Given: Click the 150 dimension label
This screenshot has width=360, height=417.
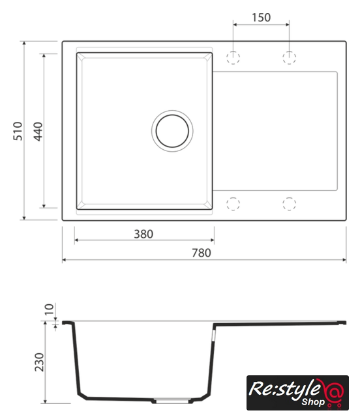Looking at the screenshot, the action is tap(262, 18).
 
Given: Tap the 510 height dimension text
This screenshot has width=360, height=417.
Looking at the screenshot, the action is tap(18, 131).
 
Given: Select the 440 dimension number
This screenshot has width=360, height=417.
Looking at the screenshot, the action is tap(38, 132).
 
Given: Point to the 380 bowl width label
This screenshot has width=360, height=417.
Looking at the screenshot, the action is tap(143, 234).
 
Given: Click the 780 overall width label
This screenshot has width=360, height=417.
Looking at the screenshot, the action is tap(202, 253).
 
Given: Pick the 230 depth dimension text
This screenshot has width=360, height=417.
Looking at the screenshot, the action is tap(39, 362).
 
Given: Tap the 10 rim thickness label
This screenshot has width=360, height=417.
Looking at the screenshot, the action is tap(49, 309).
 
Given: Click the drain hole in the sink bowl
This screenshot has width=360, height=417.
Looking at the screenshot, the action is tap(172, 131).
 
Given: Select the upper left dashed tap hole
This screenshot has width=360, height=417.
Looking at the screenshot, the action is tap(233, 57).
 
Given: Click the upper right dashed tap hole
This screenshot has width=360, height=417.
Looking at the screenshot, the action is tap(289, 57).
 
